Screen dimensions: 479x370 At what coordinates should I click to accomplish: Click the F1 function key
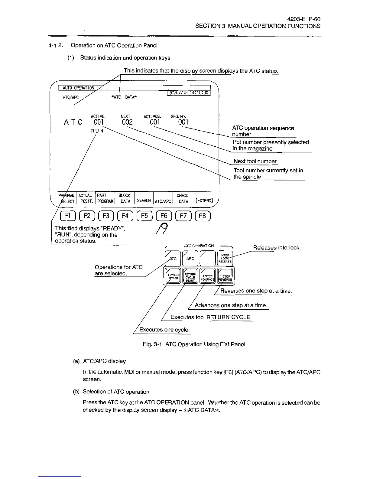(x=66, y=216)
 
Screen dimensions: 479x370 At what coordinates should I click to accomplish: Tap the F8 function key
(x=203, y=216)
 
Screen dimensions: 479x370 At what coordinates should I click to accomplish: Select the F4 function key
(x=125, y=216)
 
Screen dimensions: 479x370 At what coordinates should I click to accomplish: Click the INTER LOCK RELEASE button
(x=225, y=258)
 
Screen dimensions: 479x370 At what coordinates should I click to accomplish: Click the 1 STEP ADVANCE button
(x=208, y=276)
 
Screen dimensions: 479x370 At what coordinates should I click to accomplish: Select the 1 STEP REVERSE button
(x=225, y=276)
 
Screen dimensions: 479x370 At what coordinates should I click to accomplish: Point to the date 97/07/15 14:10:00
(x=189, y=93)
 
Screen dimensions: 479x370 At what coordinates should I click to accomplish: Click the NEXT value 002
(x=127, y=122)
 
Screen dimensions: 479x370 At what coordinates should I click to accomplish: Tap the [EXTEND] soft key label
(x=204, y=200)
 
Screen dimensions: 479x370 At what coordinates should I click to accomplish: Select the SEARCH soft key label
(x=144, y=200)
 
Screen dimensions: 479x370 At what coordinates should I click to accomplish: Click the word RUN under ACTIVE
(x=97, y=131)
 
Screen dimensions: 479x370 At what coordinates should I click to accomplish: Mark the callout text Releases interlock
(x=277, y=248)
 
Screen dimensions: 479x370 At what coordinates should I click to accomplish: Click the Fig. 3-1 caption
(x=194, y=344)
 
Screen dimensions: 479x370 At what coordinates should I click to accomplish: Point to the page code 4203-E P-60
(x=304, y=19)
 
